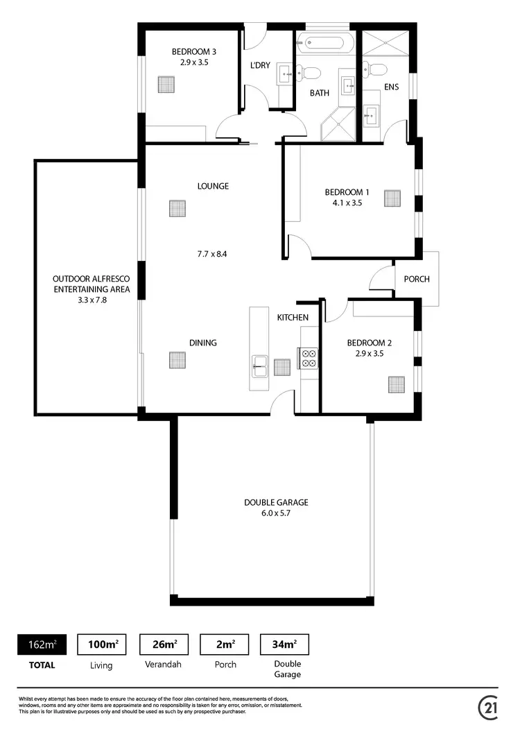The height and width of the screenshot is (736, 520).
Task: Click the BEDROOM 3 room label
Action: click(x=194, y=51)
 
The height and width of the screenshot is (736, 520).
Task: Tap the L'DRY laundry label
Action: click(x=259, y=67)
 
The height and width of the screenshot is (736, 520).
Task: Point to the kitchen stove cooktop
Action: click(x=308, y=357)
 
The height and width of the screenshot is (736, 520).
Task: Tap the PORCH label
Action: click(x=417, y=280)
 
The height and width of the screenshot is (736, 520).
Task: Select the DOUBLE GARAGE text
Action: click(x=275, y=503)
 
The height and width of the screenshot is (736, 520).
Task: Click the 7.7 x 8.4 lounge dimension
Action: click(x=212, y=254)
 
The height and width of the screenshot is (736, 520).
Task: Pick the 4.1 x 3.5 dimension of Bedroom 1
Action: click(x=347, y=203)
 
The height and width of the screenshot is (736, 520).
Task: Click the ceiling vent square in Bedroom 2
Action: click(x=396, y=384)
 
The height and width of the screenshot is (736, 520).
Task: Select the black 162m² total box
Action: click(x=42, y=644)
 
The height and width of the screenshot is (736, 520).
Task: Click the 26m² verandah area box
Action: click(x=164, y=644)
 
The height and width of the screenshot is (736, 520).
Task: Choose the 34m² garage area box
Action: click(x=284, y=644)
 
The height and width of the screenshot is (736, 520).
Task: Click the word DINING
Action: click(x=203, y=343)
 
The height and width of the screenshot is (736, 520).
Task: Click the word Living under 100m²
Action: click(x=101, y=665)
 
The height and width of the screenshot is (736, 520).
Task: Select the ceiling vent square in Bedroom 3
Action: click(x=166, y=85)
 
